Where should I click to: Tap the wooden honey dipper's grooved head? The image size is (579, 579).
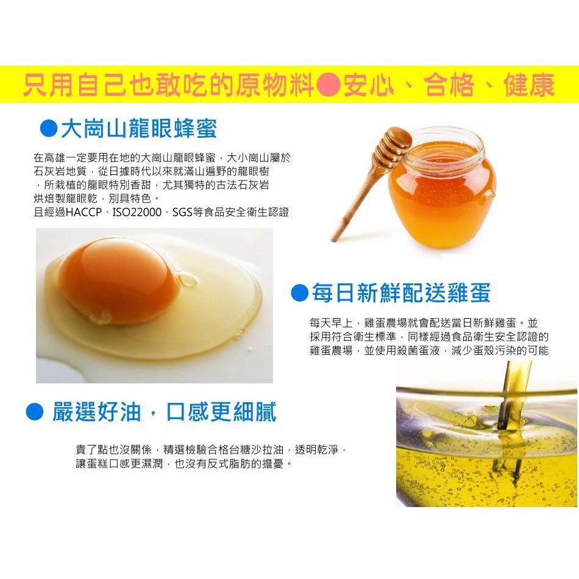point(393,145)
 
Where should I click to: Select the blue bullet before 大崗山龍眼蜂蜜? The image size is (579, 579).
point(49,128)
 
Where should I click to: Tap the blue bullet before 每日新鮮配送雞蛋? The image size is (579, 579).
point(299,293)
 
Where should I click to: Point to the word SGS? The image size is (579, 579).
point(182,212)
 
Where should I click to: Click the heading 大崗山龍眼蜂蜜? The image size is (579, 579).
point(139,129)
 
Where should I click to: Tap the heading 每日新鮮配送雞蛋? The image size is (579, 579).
point(402,293)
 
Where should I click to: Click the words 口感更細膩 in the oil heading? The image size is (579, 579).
point(221,412)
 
